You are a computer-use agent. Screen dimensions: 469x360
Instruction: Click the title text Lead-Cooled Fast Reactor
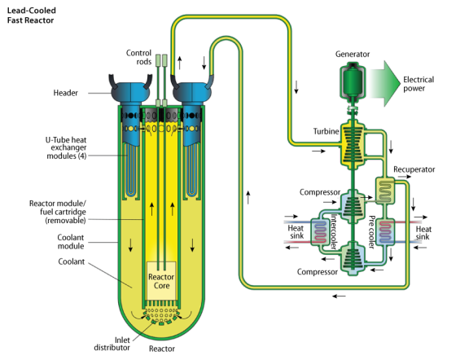pyautogui.click(x=32, y=15)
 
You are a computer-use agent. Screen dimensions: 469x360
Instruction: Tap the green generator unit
pyautogui.click(x=353, y=80)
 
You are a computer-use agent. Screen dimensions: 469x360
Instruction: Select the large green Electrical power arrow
pyautogui.click(x=385, y=84)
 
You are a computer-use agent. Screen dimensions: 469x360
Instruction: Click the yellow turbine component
pyautogui.click(x=353, y=143)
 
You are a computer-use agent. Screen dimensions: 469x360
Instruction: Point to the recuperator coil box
pyautogui.click(x=385, y=191)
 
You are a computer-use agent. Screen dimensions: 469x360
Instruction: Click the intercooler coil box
pyautogui.click(x=320, y=232)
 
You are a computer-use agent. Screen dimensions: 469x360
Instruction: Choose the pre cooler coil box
pyautogui.click(x=385, y=232)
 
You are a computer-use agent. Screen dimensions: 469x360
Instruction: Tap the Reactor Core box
pyautogui.click(x=161, y=281)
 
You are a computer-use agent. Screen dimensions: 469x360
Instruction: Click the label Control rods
pyautogui.click(x=139, y=57)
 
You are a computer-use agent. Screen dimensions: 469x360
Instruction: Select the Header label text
pyautogui.click(x=65, y=93)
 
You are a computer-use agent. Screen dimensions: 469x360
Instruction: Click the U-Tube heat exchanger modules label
pyautogui.click(x=66, y=148)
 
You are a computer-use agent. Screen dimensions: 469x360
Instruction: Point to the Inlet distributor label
pyautogui.click(x=112, y=344)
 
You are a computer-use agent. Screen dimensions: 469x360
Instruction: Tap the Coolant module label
pyautogui.click(x=71, y=242)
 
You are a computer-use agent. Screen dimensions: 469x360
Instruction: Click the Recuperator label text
pyautogui.click(x=414, y=169)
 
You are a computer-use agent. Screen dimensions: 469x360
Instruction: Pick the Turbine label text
pyautogui.click(x=326, y=131)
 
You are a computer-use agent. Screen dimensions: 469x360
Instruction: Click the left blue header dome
pyautogui.click(x=130, y=92)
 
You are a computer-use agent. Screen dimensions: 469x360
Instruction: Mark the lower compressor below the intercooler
pyautogui.click(x=353, y=257)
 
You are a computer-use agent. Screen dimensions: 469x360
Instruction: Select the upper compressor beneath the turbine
pyautogui.click(x=353, y=206)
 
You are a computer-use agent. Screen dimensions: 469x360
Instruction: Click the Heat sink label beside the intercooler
pyautogui.click(x=296, y=232)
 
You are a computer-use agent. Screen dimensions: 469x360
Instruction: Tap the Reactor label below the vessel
pyautogui.click(x=162, y=349)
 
